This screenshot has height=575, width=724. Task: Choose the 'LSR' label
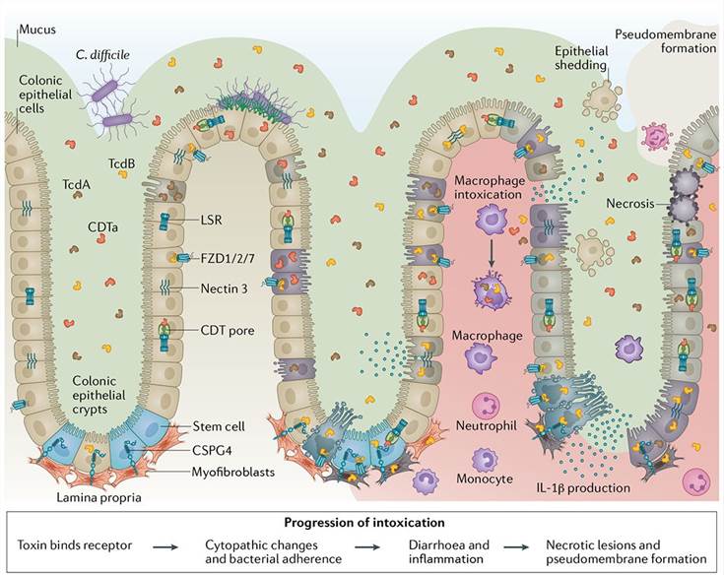click(x=213, y=220)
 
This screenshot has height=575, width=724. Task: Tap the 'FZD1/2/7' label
click(x=223, y=258)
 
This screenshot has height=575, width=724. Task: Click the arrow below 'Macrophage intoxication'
click(x=491, y=252)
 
